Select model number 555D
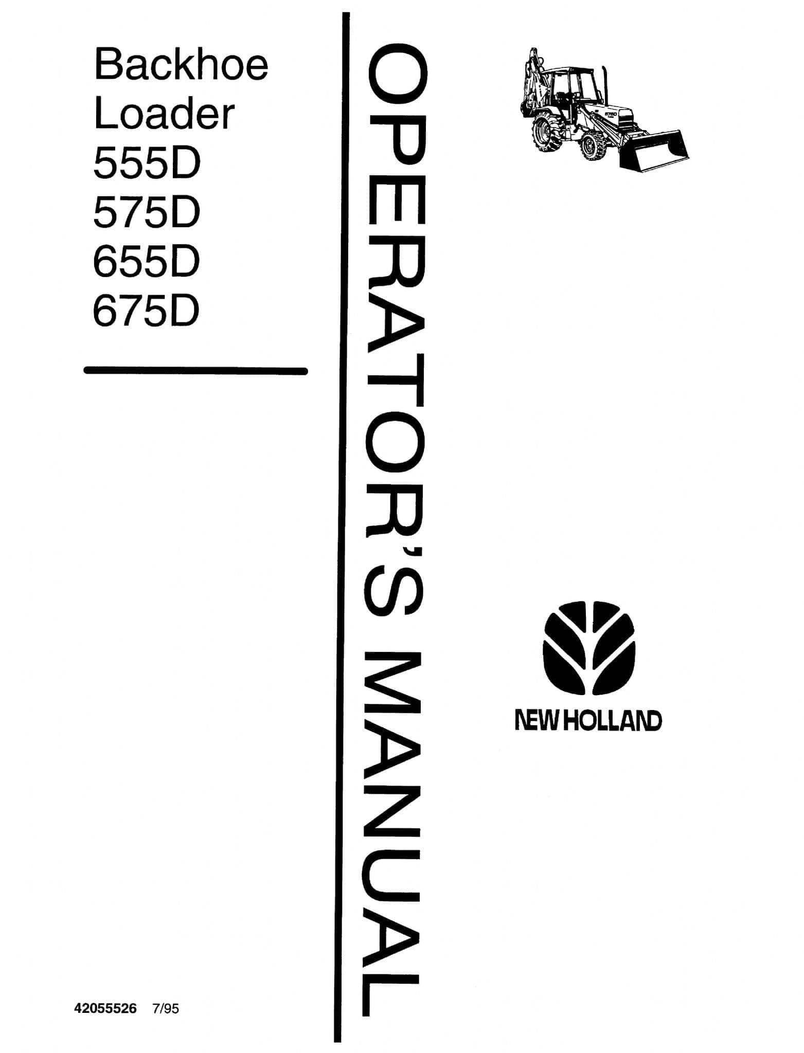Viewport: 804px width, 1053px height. (x=147, y=164)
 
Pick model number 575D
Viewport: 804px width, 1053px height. (x=147, y=213)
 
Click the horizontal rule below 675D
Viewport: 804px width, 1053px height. (x=195, y=370)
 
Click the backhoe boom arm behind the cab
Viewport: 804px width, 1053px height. (x=533, y=77)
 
